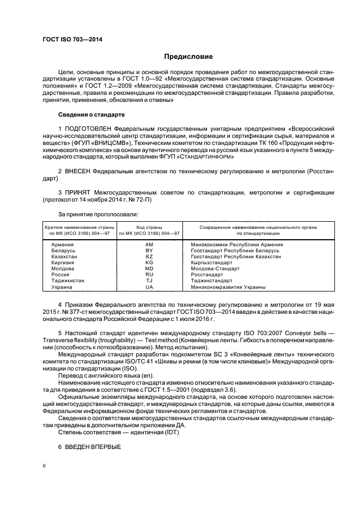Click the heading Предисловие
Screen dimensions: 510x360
188,56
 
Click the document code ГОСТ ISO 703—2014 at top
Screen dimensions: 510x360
70,40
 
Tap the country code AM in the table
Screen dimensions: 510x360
149,245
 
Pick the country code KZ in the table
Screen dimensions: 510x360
149,256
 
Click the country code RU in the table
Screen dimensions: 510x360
149,274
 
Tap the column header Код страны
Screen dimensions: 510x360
149,226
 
